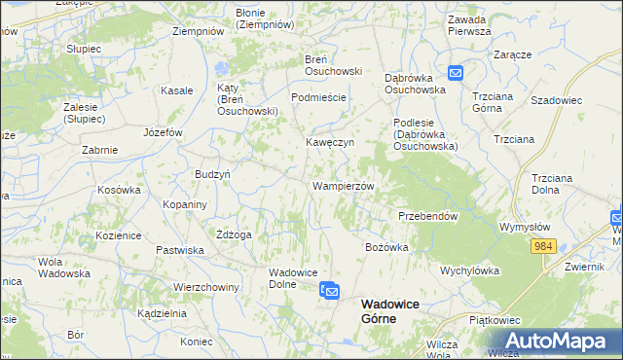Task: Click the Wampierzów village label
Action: tap(343, 185)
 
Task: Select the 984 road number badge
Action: tap(544, 247)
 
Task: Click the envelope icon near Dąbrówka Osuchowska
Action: tap(455, 72)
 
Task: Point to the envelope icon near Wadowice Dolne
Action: tap(331, 290)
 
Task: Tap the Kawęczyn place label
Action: tap(330, 142)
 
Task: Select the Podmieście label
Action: tap(319, 98)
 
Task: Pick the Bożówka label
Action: tap(386, 247)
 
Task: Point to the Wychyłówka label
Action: tap(469, 270)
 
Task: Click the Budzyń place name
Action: tap(212, 173)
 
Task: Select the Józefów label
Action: tap(163, 131)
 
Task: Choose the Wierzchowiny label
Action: tap(206, 288)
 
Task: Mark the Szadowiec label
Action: tap(556, 99)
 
